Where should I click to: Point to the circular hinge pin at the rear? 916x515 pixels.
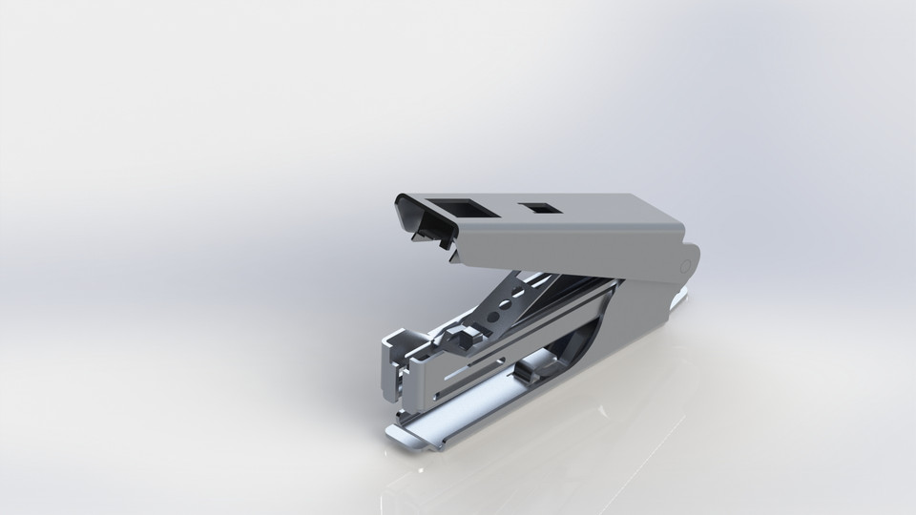click(x=686, y=262)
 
